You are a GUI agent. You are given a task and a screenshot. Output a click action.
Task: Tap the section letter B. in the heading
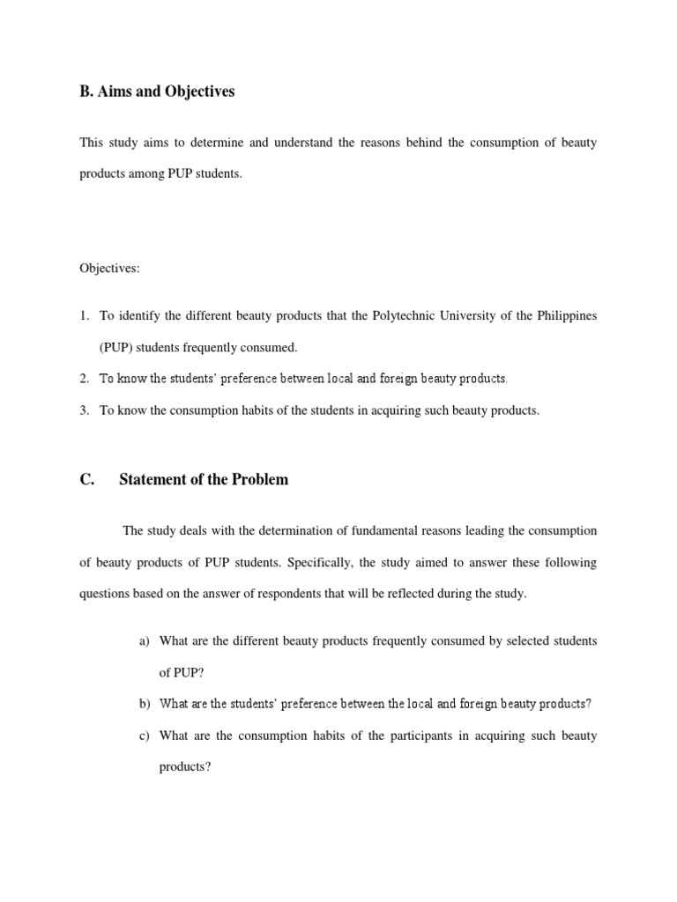[87, 92]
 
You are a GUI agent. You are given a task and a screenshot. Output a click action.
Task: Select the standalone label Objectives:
[109, 269]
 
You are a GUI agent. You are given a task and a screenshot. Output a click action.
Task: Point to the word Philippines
[564, 315]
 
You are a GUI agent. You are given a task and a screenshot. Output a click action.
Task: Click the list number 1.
[85, 315]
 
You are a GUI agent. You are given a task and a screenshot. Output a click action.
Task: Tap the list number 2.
[85, 379]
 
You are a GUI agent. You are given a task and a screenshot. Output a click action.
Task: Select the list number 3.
[85, 410]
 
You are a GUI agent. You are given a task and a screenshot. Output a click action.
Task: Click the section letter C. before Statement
[87, 480]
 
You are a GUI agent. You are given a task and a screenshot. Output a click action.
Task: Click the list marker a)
[145, 640]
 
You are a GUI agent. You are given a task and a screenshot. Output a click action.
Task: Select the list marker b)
[145, 704]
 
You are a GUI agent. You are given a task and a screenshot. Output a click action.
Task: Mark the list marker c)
[145, 736]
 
